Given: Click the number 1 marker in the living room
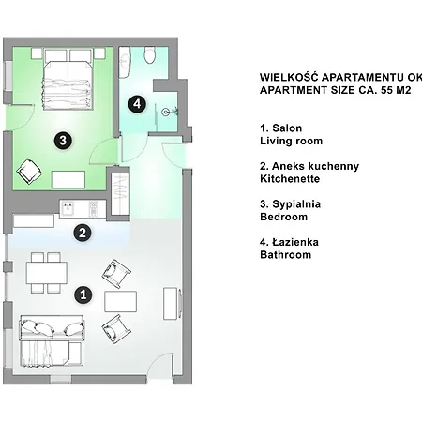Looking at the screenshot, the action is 83,294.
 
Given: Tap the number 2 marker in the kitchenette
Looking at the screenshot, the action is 83,233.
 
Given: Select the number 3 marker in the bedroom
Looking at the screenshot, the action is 63,141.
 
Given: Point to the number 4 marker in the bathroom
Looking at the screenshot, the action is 137,104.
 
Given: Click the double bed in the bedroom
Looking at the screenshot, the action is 68,79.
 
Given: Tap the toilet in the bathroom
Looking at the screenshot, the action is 150,55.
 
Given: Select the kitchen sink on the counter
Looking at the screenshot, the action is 68,208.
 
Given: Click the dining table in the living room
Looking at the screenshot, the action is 47,273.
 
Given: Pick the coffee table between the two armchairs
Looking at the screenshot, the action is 120,301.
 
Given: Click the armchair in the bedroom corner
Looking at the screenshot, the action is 29,172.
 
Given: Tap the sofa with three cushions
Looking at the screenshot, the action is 52,327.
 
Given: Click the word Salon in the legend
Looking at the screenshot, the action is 287,128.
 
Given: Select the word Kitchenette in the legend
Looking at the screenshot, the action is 290,179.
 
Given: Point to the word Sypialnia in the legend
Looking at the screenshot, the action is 296,204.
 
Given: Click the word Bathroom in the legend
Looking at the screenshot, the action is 285,255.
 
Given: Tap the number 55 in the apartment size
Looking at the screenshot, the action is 386,90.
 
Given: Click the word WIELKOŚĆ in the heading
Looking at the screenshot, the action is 289,77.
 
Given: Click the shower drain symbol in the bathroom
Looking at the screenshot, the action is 165,112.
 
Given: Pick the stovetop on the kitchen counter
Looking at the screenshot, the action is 94,208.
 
